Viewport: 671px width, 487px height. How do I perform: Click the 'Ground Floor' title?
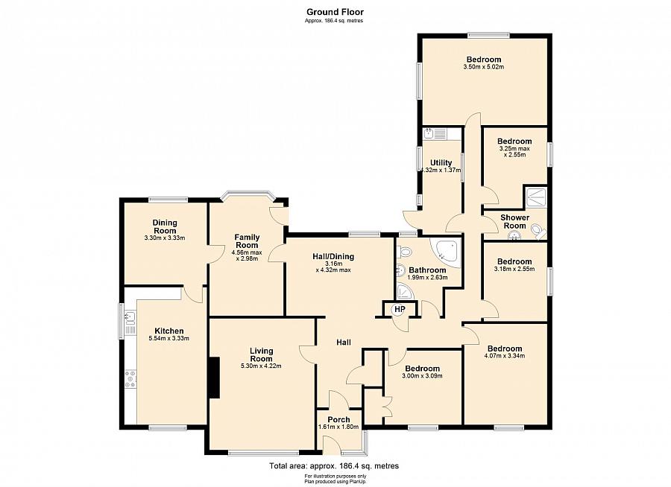click(335, 12)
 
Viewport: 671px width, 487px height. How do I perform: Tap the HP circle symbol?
click(399, 309)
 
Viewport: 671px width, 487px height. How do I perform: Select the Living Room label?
click(261, 355)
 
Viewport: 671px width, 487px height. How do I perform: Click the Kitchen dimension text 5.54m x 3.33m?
click(169, 338)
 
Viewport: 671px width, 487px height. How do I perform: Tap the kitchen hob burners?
click(130, 379)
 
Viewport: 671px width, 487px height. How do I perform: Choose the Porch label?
click(339, 419)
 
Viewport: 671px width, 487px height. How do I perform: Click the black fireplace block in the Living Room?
click(214, 378)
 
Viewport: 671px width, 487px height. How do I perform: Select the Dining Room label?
click(165, 226)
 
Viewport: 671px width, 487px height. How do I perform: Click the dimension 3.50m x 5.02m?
click(484, 67)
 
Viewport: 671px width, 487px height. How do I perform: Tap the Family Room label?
click(247, 241)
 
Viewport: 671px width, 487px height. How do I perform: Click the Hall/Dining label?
click(333, 257)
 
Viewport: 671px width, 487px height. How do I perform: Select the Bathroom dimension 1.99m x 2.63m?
click(427, 278)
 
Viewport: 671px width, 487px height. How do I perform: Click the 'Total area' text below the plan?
click(334, 466)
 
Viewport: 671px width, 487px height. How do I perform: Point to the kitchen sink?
click(130, 318)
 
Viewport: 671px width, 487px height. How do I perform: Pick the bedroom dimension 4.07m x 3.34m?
click(505, 356)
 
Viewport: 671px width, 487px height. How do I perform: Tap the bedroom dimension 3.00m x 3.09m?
click(423, 376)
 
